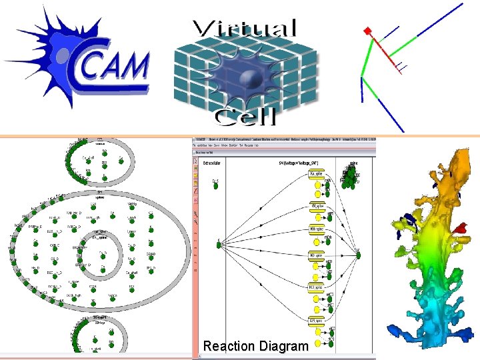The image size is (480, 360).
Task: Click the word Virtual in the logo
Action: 244,29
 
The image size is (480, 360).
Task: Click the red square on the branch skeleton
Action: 366,31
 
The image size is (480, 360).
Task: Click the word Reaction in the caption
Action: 229,346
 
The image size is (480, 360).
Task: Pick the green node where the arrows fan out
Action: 219,245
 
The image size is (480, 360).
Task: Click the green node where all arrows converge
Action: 358,253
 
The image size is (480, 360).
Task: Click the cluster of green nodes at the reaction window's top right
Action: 352,175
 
